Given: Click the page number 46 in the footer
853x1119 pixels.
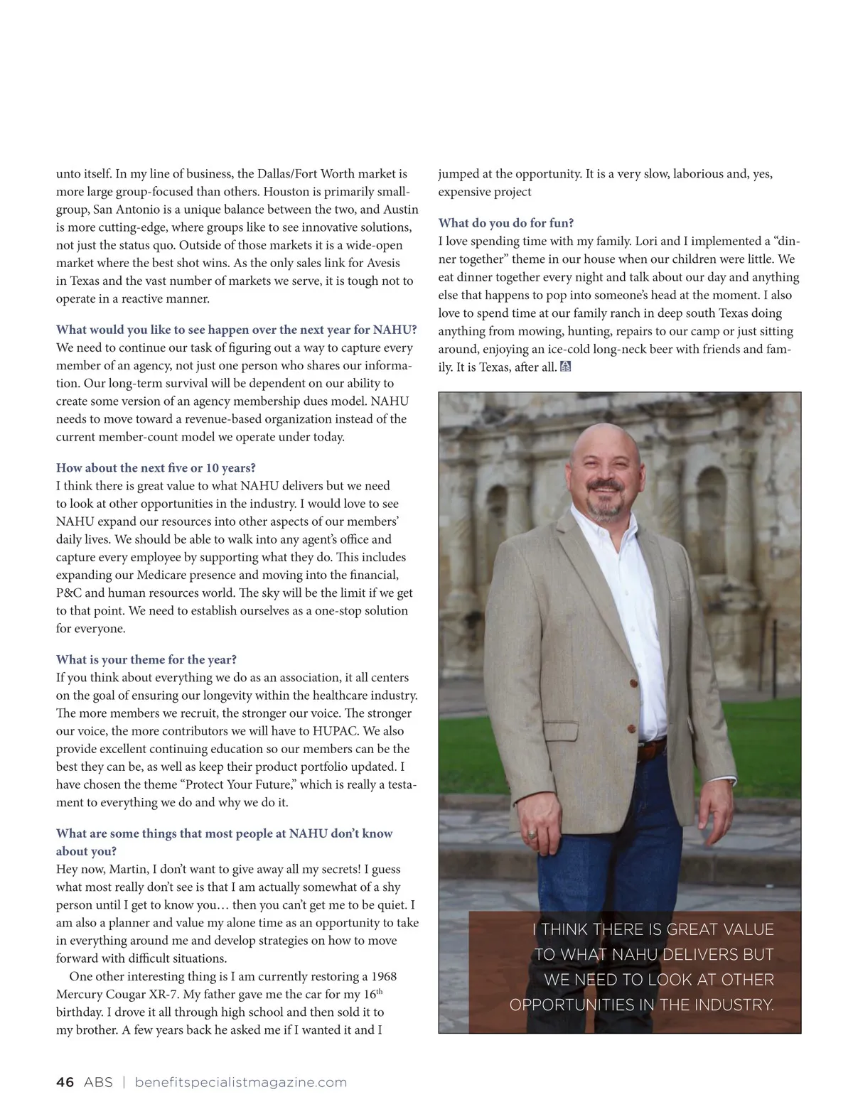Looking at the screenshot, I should (65, 1082).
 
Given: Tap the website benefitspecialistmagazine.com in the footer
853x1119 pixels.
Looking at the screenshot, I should (240, 1082).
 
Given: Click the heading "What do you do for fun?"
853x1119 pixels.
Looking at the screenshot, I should (505, 223).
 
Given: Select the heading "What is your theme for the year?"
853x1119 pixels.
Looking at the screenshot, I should (146, 659).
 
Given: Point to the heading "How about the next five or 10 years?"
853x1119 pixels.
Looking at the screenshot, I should (156, 467).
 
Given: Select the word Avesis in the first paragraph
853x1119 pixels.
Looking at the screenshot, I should (383, 263).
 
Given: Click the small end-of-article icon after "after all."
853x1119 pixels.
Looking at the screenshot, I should (566, 367).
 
